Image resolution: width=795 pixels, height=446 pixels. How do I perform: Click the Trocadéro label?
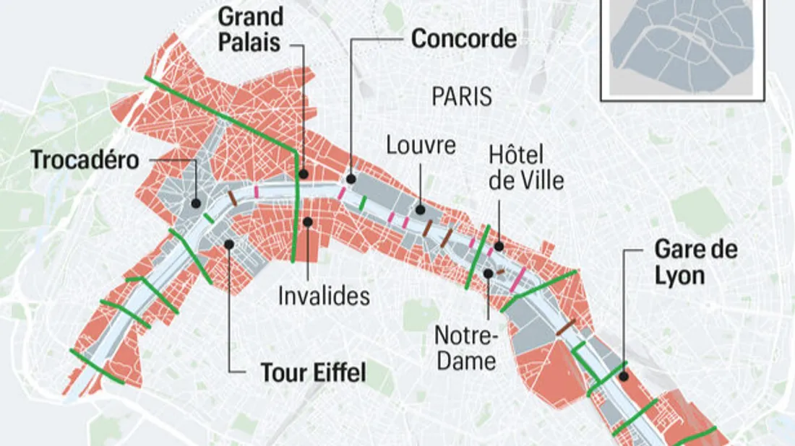pyautogui.click(x=85, y=160)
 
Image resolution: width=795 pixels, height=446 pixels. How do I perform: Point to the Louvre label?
pyautogui.click(x=421, y=145)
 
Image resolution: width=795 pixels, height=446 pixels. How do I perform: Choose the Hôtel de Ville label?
pyautogui.click(x=526, y=167)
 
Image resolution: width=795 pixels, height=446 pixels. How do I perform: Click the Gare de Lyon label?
pyautogui.click(x=696, y=262)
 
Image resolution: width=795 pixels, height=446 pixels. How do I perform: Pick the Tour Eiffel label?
pyautogui.click(x=313, y=373)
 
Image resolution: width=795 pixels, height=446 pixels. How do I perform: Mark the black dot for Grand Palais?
pyautogui.click(x=304, y=174)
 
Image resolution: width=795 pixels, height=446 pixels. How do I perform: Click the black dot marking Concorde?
pyautogui.click(x=351, y=179)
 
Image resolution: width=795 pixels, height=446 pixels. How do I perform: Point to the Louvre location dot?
pyautogui.click(x=419, y=210)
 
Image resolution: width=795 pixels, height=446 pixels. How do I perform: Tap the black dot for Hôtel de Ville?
pyautogui.click(x=498, y=247)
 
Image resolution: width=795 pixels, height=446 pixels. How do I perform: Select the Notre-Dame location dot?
pyautogui.click(x=489, y=273)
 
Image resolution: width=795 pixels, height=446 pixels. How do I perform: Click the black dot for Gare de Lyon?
pyautogui.click(x=624, y=375)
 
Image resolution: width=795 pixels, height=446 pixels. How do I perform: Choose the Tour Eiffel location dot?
pyautogui.click(x=228, y=244)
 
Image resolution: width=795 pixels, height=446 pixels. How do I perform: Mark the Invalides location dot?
pyautogui.click(x=308, y=221)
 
